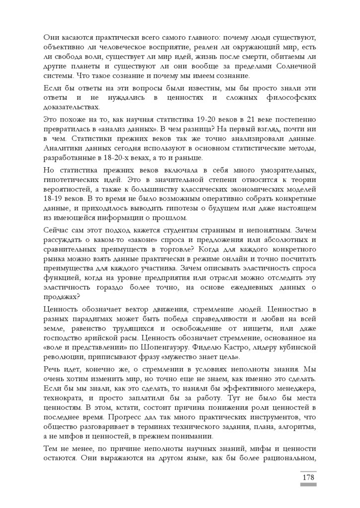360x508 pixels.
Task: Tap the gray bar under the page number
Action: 308,485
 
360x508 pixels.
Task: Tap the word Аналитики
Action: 64,149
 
